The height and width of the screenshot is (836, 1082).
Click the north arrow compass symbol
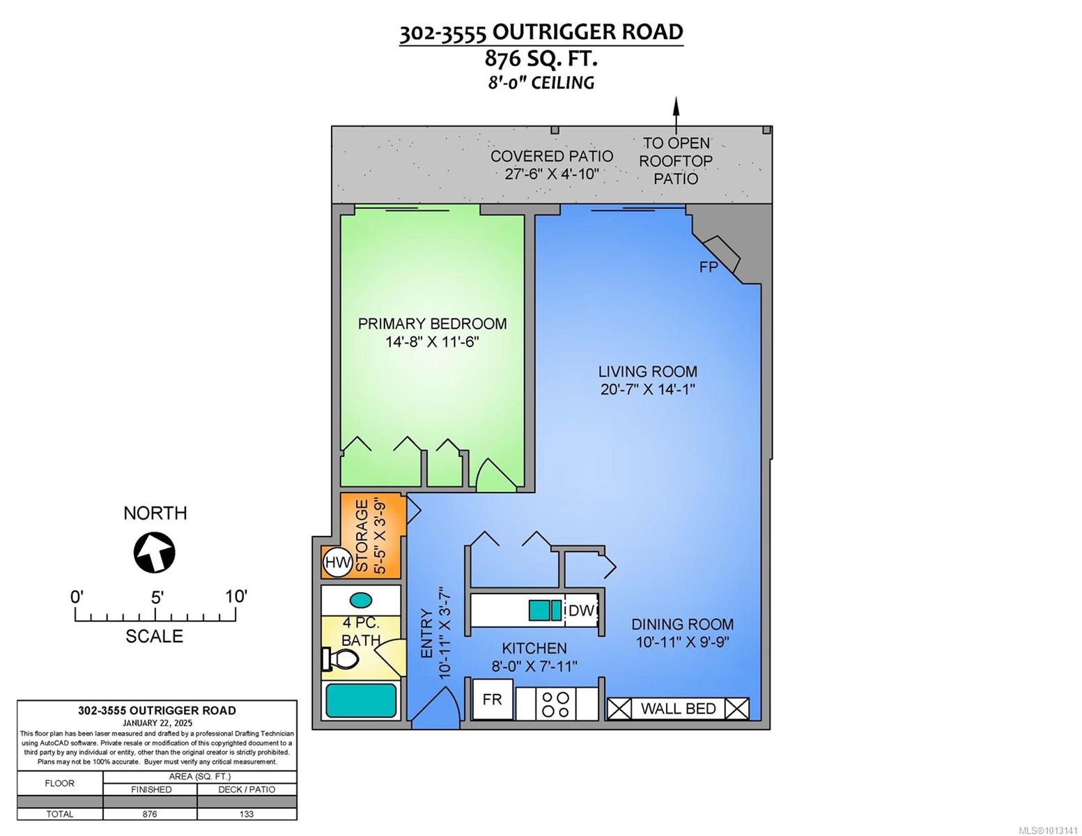pyautogui.click(x=154, y=552)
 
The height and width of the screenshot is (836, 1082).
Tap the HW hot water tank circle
pyautogui.click(x=338, y=562)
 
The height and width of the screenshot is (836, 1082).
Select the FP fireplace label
pyautogui.click(x=708, y=267)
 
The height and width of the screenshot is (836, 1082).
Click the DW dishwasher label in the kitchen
pyautogui.click(x=581, y=611)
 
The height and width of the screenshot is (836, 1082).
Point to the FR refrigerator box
pyautogui.click(x=493, y=699)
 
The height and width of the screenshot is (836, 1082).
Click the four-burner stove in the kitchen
pyautogui.click(x=557, y=704)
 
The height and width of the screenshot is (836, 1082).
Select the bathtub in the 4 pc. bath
pyautogui.click(x=361, y=700)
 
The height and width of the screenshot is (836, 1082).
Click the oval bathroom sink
pyautogui.click(x=360, y=599)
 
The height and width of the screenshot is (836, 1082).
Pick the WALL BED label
pyautogui.click(x=678, y=709)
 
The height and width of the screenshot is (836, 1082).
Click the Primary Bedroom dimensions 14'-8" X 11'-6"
pyautogui.click(x=432, y=342)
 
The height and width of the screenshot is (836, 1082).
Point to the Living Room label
pyautogui.click(x=647, y=371)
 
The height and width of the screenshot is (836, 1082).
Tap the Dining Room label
pyautogui.click(x=682, y=624)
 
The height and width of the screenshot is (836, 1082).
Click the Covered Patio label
pyautogui.click(x=551, y=156)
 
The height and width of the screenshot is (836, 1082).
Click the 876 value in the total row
pyautogui.click(x=150, y=814)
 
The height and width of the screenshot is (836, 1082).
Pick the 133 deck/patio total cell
pyautogui.click(x=247, y=814)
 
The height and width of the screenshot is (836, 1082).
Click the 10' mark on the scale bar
pyautogui.click(x=235, y=597)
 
